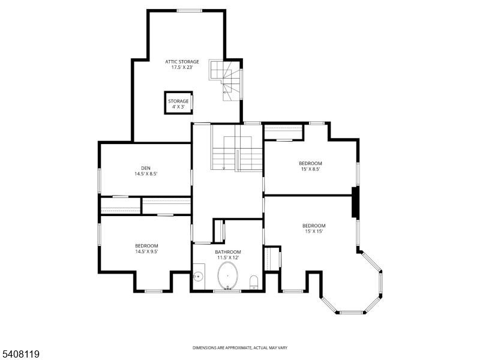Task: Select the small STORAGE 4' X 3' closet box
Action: coord(178,103)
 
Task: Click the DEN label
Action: coord(145,168)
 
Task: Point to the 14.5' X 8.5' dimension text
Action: coord(145,174)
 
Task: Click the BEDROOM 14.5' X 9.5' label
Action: coord(146,246)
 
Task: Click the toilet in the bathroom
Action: coord(254,282)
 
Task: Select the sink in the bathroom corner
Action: coord(198,277)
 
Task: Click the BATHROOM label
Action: coord(228,252)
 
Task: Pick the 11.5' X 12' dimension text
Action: coord(228,258)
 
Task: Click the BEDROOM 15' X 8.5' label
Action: coord(310,163)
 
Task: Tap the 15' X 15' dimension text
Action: coord(314,232)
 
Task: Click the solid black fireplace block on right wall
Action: coord(355,202)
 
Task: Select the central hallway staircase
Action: coord(237,153)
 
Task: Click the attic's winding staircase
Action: coord(227,79)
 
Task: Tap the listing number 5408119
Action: coord(20,355)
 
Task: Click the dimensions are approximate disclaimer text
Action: coord(239,348)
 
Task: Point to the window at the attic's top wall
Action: coord(189,10)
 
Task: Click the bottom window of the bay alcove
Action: coord(350,313)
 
